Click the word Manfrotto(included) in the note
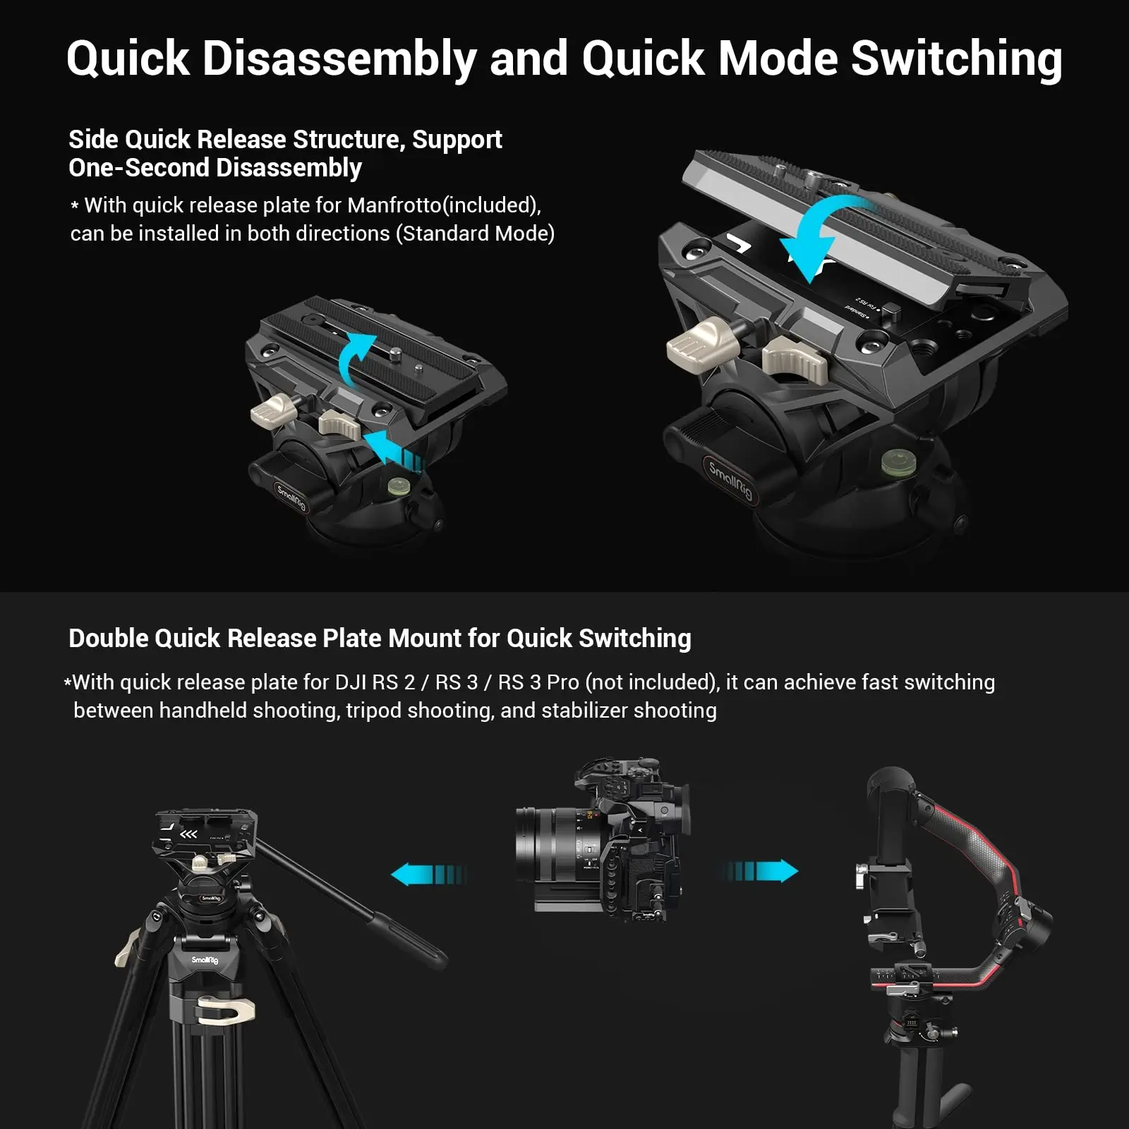click(x=444, y=205)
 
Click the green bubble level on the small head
click(x=399, y=486)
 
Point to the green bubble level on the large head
click(x=895, y=463)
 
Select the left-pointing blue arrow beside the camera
click(x=426, y=875)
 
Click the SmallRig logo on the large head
click(x=731, y=480)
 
